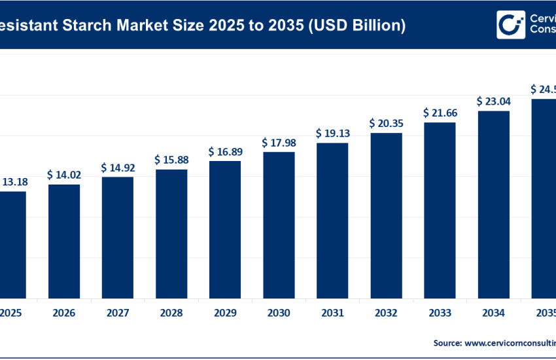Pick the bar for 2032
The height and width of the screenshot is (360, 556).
[386, 215]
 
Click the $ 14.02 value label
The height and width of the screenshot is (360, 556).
[63, 175]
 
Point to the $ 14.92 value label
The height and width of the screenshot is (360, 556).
[118, 168]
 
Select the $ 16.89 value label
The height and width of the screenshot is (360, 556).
[225, 152]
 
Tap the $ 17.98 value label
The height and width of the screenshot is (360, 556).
[279, 143]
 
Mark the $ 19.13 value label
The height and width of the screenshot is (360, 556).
[332, 133]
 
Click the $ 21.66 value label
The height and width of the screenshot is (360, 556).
[440, 113]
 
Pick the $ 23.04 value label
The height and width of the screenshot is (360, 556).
[494, 101]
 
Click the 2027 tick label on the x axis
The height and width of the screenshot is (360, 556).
[118, 313]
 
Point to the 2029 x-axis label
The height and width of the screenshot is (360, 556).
[225, 313]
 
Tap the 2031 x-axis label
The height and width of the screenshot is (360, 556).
[332, 313]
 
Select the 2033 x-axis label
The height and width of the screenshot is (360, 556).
[440, 313]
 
